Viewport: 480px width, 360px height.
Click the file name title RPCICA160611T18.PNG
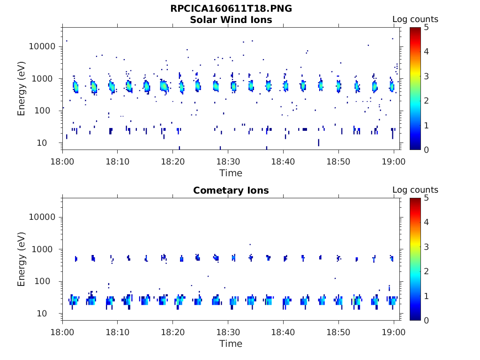(231, 9)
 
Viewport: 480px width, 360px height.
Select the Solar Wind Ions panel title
(231, 20)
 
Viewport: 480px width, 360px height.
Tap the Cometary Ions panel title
(231, 190)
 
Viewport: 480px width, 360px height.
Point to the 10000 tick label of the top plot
(43, 46)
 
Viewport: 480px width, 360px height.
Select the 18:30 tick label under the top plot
(228, 162)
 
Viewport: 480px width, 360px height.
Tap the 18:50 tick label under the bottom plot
(338, 332)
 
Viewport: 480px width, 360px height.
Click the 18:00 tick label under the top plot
(62, 162)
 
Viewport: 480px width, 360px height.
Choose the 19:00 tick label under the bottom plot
(394, 332)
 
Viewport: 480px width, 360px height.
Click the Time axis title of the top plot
(231, 173)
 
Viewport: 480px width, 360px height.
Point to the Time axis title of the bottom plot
(231, 344)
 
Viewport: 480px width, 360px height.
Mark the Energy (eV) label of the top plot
(22, 89)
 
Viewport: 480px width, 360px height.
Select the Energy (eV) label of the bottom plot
(22, 259)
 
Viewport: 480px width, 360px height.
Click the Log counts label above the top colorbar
(415, 20)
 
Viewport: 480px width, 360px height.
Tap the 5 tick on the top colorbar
(426, 27)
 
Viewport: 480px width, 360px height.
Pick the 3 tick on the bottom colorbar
(426, 247)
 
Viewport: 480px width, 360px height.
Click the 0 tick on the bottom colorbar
(426, 320)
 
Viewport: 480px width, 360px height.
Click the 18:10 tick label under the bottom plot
(117, 332)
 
